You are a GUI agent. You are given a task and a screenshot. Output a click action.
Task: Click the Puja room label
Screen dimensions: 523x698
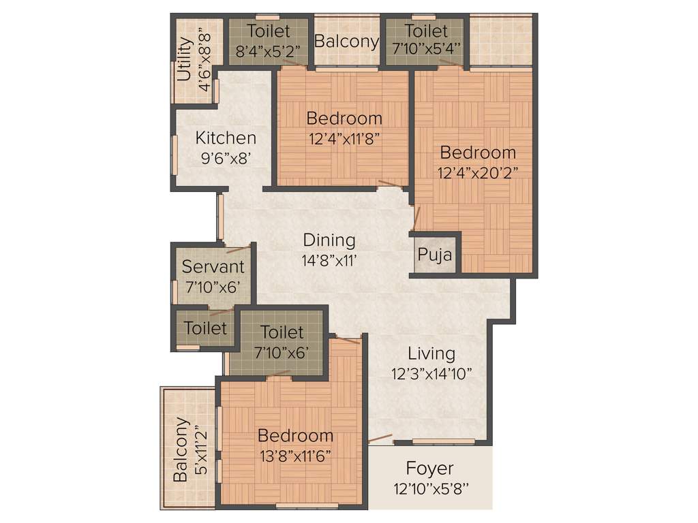coord(435,256)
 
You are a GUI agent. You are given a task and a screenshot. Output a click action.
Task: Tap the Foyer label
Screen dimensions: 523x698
coord(429,469)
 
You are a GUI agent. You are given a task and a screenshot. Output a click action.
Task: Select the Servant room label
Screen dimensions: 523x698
coord(213,266)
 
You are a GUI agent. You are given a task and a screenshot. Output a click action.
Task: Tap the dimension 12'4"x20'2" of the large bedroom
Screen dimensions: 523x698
coord(477,172)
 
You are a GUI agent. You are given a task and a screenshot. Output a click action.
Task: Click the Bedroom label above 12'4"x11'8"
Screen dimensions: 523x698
coord(344,118)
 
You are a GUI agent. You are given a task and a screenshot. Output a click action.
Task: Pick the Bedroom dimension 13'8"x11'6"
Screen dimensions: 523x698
coord(295,456)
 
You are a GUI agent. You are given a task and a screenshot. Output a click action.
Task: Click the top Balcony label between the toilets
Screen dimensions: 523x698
coord(346,41)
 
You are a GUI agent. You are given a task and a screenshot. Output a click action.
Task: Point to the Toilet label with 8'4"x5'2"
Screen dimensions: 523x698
coord(269,31)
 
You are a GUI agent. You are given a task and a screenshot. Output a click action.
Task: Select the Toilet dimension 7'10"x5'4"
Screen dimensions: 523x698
coord(426,49)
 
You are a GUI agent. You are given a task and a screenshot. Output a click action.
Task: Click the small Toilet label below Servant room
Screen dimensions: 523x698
coord(205,328)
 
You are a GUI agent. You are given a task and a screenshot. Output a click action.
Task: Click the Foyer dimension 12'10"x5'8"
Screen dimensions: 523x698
coord(429,488)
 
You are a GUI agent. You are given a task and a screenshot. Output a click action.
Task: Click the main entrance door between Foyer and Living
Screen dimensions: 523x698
coord(380,439)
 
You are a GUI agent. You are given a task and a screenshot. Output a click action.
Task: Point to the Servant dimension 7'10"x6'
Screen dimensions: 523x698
coord(213,287)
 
